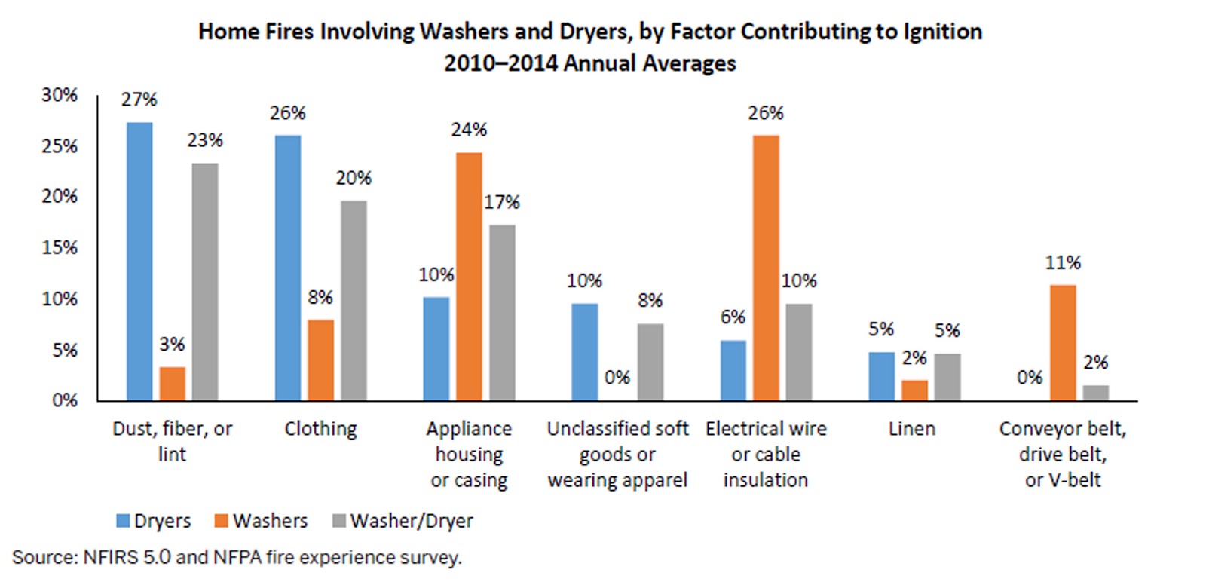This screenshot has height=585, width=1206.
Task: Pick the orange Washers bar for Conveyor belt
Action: (1063, 342)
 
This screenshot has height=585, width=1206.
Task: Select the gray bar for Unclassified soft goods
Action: (650, 362)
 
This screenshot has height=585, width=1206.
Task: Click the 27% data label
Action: (139, 100)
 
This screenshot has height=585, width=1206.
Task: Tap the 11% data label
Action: (1063, 263)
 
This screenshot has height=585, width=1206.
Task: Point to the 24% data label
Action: (469, 130)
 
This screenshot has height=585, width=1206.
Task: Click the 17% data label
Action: (502, 202)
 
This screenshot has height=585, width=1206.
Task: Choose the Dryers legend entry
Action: (154, 521)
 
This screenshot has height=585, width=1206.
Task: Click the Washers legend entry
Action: (262, 521)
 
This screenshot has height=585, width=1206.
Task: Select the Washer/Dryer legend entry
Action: (403, 521)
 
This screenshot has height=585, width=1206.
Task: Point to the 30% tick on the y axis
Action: (60, 95)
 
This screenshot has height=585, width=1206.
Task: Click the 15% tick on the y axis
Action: (60, 247)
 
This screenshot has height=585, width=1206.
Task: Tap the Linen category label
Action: (911, 429)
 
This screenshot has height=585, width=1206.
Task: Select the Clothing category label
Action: (320, 429)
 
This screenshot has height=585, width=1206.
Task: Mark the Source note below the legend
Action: (237, 558)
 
